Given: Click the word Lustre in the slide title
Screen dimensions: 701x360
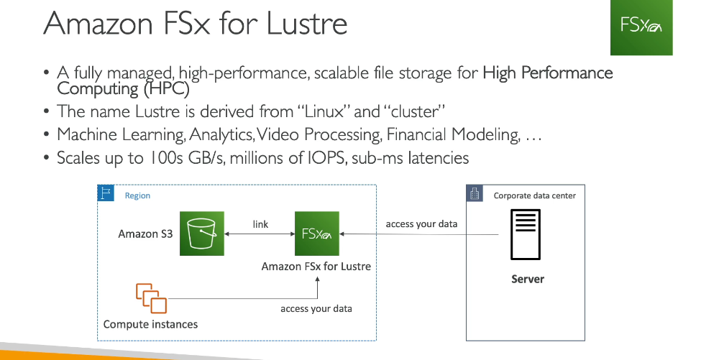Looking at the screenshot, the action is [x=307, y=23].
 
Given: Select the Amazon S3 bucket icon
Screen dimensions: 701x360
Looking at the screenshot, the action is [x=201, y=234].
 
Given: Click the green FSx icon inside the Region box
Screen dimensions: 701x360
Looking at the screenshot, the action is [x=317, y=234].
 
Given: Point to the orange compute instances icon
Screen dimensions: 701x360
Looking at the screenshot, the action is [x=152, y=298].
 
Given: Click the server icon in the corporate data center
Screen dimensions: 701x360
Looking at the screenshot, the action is [x=526, y=234].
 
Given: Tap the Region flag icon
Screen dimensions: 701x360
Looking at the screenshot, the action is [x=106, y=193].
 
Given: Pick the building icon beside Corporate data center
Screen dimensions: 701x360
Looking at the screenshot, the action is [x=475, y=193].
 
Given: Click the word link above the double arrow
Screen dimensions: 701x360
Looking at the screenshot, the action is [x=260, y=224].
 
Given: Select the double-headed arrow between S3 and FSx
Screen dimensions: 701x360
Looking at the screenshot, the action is [x=260, y=234].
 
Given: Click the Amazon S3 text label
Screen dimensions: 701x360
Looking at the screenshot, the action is [x=145, y=234].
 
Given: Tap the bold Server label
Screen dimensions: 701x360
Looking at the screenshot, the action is [x=528, y=279].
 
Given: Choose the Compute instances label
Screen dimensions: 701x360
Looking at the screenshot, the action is [x=151, y=324].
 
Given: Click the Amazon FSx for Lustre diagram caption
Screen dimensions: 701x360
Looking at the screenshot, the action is [x=316, y=267].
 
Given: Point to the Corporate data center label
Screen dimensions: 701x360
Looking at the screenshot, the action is [x=535, y=195].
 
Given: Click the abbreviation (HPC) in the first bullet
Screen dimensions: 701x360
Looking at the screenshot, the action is [x=167, y=89].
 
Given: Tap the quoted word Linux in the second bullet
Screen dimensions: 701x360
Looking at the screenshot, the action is [x=322, y=111].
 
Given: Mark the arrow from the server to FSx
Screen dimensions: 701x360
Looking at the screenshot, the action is [x=419, y=234].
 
